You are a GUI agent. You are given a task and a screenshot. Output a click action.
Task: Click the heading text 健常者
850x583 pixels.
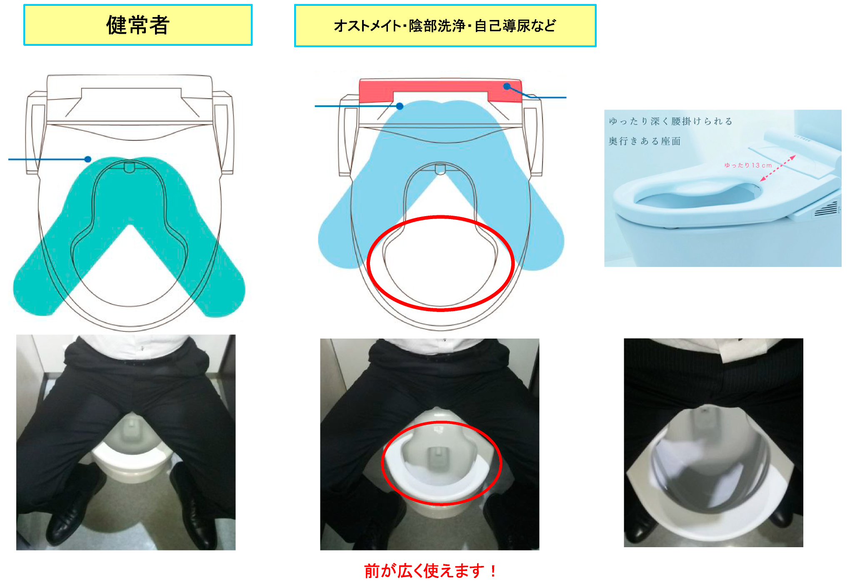pyautogui.click(x=137, y=25)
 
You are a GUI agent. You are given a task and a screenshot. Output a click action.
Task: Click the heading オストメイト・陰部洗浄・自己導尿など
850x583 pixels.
pyautogui.click(x=445, y=26)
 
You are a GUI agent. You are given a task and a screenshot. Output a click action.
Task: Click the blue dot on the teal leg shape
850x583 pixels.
pyautogui.click(x=88, y=159)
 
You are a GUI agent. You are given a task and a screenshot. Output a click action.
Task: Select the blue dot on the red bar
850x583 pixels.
pyautogui.click(x=507, y=87)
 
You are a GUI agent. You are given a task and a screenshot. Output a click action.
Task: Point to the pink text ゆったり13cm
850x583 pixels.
pyautogui.click(x=748, y=165)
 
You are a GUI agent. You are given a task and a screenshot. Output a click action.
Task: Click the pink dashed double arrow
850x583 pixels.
pyautogui.click(x=778, y=168)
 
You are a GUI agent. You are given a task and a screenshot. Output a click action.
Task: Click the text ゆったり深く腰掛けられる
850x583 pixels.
pyautogui.click(x=670, y=121)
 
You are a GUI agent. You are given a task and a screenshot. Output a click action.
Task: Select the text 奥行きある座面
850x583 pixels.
pyautogui.click(x=644, y=141)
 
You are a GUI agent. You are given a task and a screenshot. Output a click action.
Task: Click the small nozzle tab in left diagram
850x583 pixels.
pyautogui.click(x=129, y=167)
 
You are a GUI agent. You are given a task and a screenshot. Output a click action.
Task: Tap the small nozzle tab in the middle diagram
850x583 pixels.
pyautogui.click(x=440, y=169)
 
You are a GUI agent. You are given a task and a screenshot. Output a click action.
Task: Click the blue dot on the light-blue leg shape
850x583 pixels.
pyautogui.click(x=400, y=106)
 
